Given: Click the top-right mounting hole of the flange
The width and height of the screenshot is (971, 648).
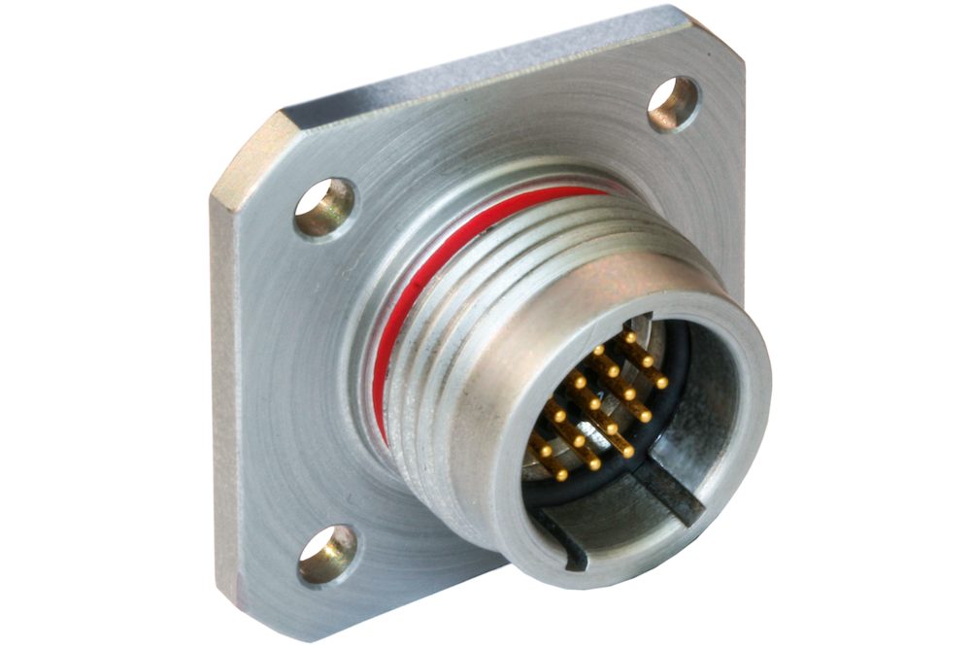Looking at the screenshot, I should coord(672,103).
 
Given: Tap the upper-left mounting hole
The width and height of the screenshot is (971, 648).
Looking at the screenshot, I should coord(323,207).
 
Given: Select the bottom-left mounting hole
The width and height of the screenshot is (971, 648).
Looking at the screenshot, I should coord(326,555).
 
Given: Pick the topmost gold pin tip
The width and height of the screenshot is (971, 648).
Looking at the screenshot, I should coord(630,336).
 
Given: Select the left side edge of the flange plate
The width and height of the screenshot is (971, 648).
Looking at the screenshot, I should coord(224,389).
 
